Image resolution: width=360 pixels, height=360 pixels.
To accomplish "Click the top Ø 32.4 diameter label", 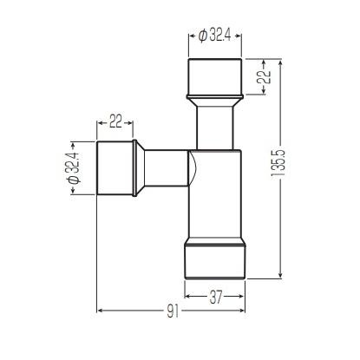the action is coord(214,36).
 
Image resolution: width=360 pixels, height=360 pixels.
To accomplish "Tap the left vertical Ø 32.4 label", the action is coord(74,168).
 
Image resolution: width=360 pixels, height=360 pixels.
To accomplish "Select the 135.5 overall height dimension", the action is coord(278,163).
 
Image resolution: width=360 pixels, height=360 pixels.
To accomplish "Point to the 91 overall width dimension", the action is coord(173,311).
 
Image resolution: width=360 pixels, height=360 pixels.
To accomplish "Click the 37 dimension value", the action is coord(215,297).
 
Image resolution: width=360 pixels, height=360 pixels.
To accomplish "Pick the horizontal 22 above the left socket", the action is coord(115,121).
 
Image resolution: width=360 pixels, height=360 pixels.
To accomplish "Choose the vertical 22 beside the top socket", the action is coord(265,76).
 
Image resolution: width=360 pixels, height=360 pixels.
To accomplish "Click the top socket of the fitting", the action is coord(214,76).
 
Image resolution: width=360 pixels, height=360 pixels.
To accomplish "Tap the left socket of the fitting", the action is coord(115,168).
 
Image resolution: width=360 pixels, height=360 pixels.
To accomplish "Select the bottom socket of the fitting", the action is coord(215,262).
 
